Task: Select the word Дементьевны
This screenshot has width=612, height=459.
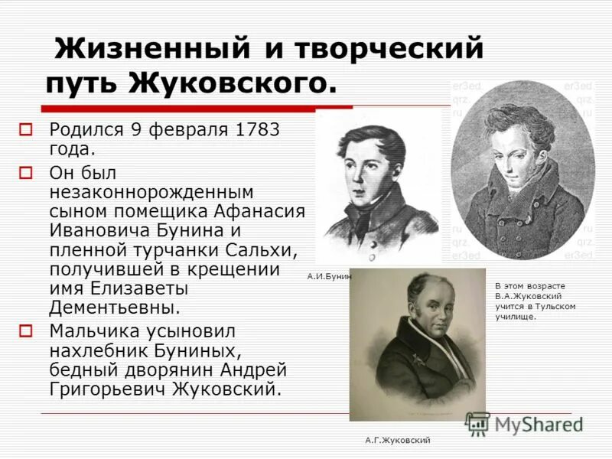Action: [115, 308]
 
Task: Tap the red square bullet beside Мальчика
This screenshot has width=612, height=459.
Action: [26, 331]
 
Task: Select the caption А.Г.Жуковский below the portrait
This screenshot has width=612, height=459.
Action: [397, 440]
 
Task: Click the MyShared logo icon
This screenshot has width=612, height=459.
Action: [478, 424]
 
